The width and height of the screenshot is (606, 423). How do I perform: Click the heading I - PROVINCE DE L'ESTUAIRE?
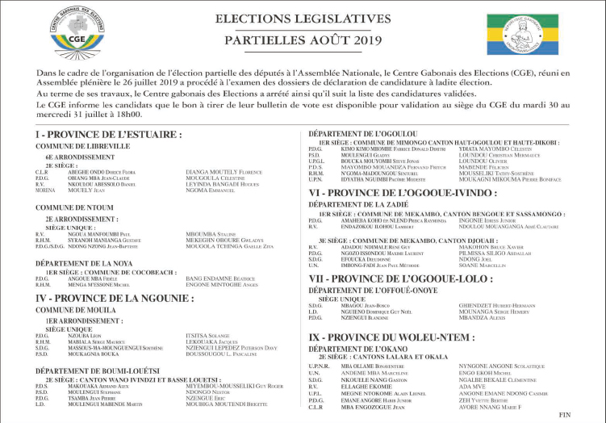pos(96,133)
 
